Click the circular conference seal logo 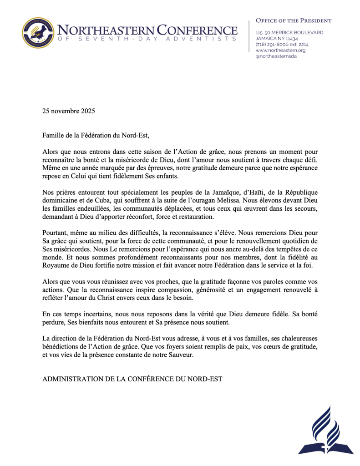coord(38,32)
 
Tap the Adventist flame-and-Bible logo coord(326,430)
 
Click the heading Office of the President coord(294,20)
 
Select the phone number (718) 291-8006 coord(275,45)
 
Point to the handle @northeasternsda coord(276,56)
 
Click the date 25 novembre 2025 coord(69,111)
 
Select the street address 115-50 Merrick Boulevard coord(289,33)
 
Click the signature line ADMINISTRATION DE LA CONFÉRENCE coord(132,379)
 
